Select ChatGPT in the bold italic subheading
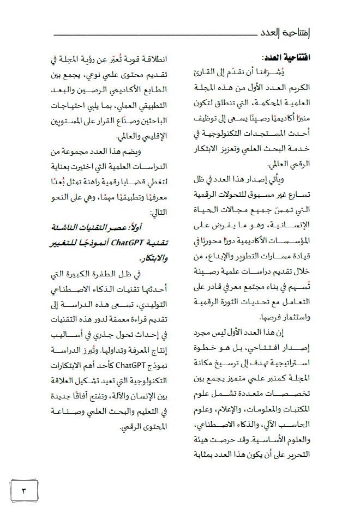(x=128, y=243)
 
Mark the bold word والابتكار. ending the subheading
(x=153, y=258)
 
